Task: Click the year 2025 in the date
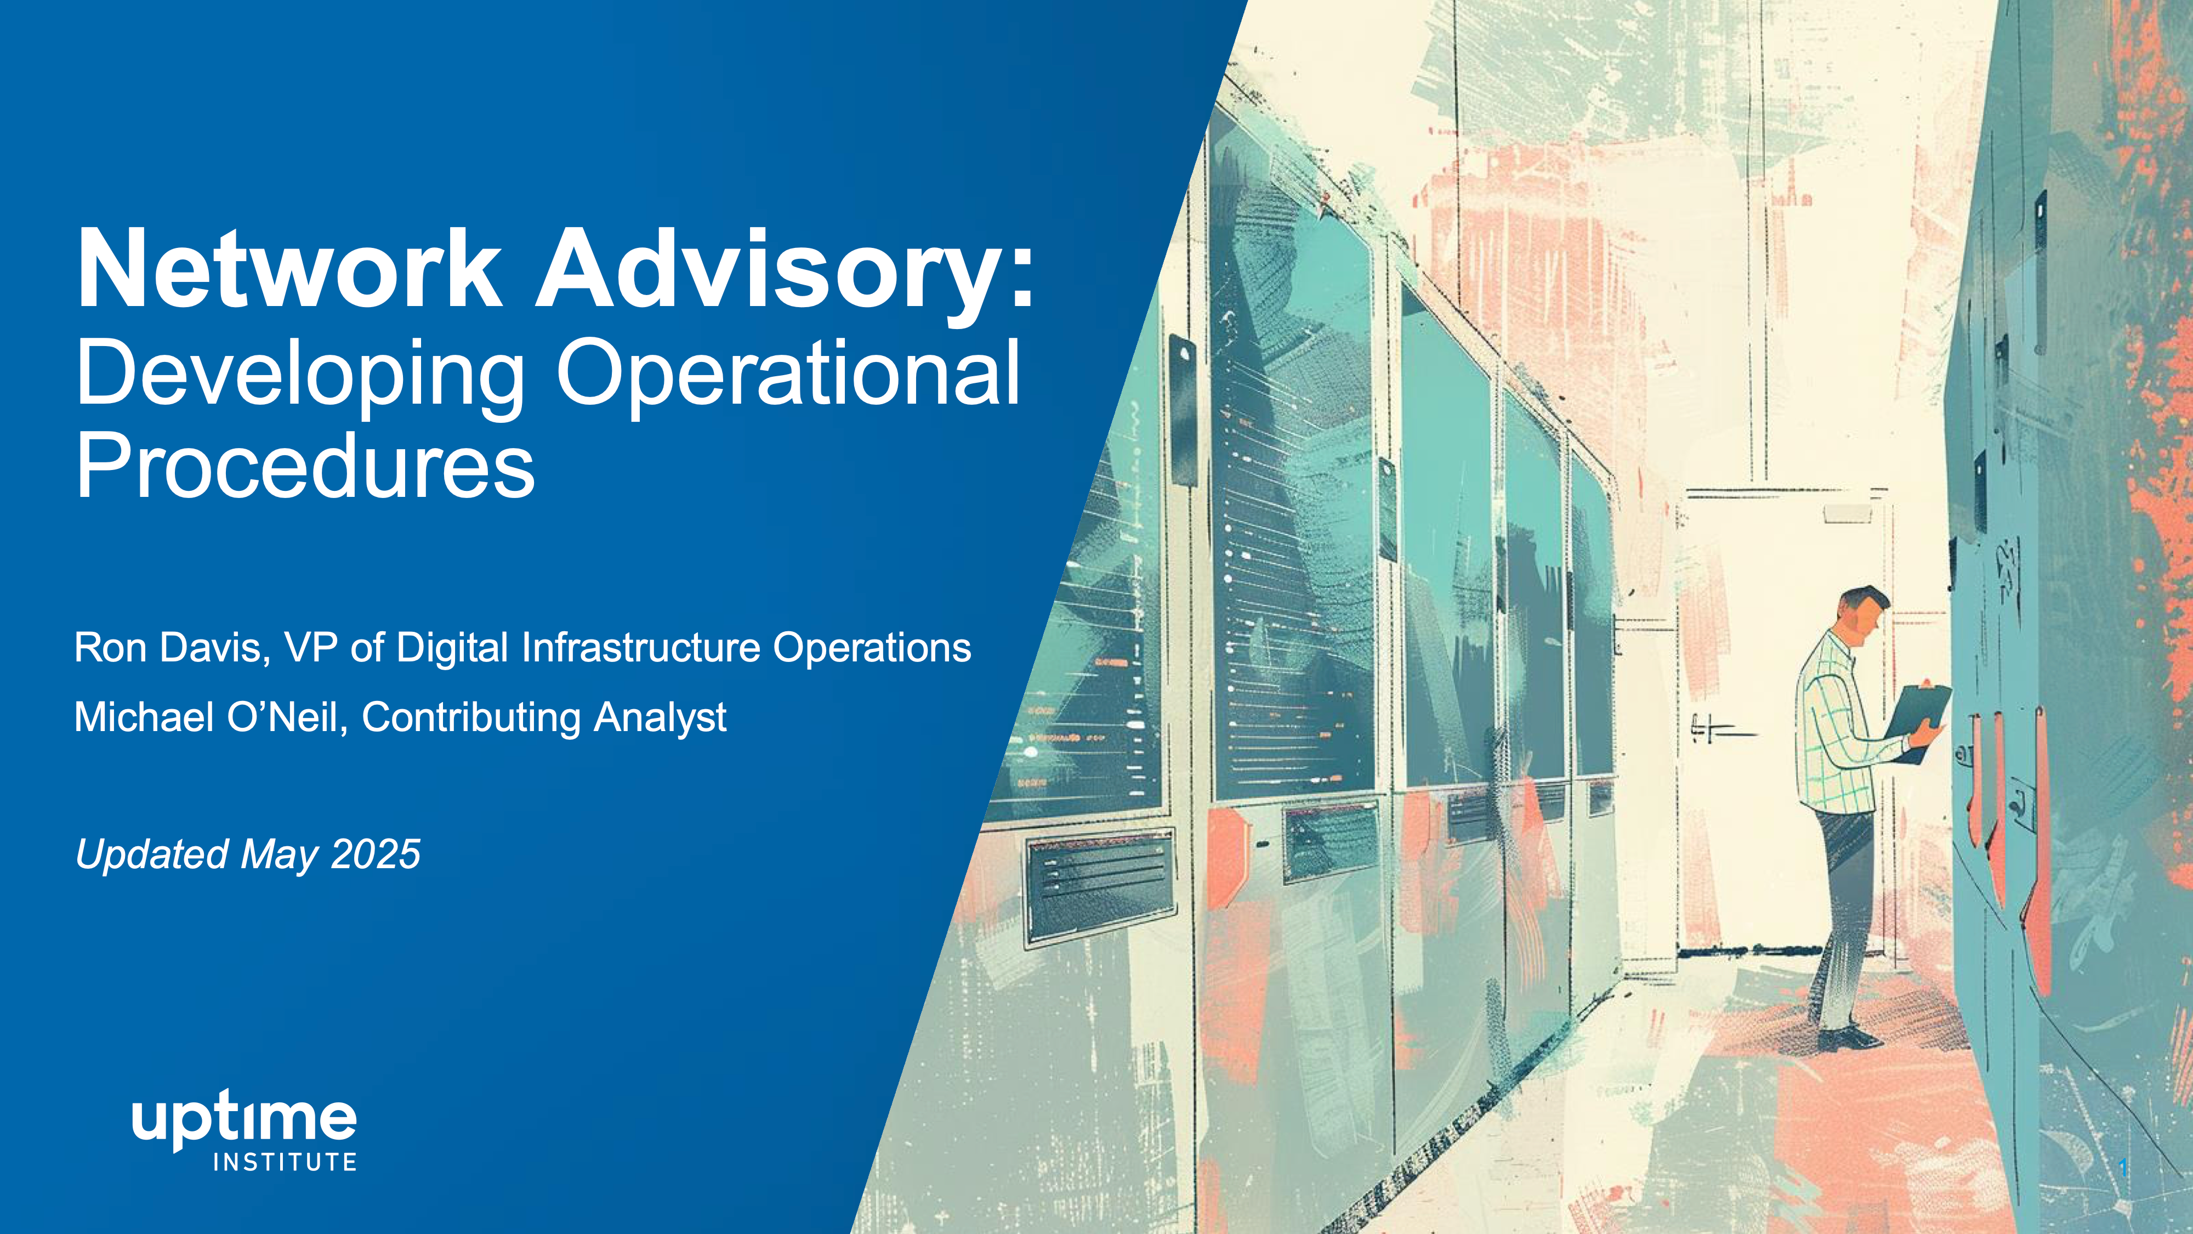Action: [x=376, y=854]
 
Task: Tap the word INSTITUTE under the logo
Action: [x=285, y=1162]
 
